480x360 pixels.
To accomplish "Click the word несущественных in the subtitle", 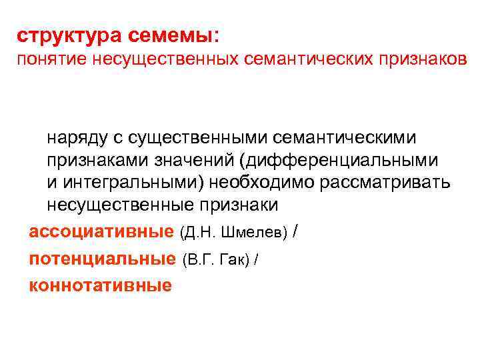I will click(x=166, y=60).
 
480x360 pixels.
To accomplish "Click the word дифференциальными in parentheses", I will click(x=346, y=161).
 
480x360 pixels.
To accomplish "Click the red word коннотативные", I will click(x=100, y=285).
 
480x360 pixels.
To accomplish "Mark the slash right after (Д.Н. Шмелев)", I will click(x=296, y=231).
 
